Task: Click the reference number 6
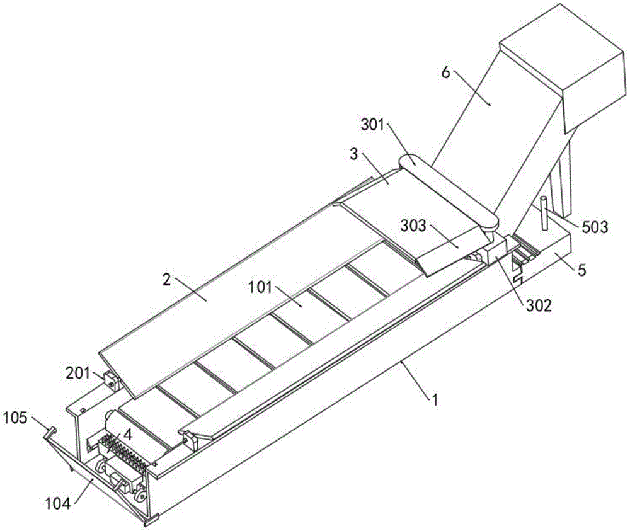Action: (x=445, y=72)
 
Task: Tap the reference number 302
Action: (x=539, y=306)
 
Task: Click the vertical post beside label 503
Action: (x=541, y=214)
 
